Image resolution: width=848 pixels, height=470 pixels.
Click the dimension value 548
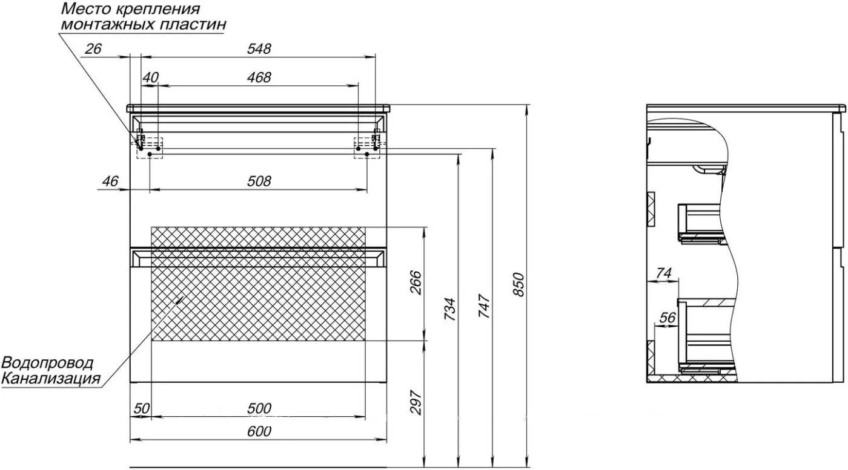(259, 49)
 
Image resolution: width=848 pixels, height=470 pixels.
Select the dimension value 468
(259, 77)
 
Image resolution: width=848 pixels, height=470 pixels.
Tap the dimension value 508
(259, 181)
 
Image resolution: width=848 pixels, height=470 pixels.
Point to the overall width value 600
(259, 431)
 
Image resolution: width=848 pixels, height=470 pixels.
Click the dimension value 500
(259, 408)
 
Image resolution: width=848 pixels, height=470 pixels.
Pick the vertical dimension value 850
(518, 284)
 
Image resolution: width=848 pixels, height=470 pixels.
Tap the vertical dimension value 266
(416, 282)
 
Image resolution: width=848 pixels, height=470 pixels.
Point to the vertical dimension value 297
(416, 402)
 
